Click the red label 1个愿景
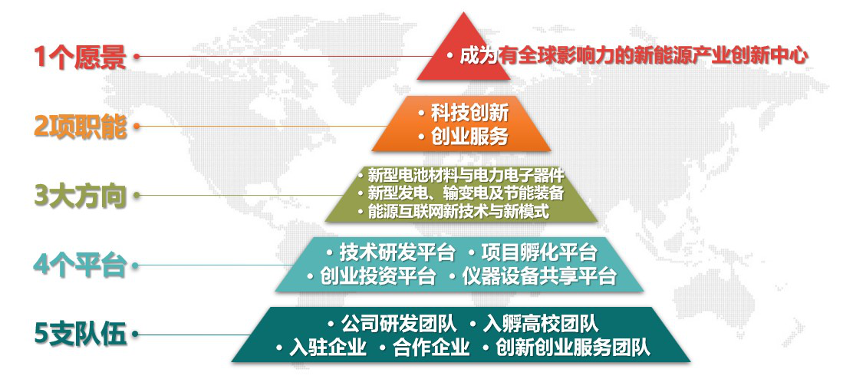click(x=80, y=57)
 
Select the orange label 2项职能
click(x=80, y=127)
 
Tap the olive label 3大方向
click(x=80, y=196)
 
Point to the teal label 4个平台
click(x=80, y=265)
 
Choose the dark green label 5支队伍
click(x=80, y=335)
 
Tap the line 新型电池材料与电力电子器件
click(x=466, y=175)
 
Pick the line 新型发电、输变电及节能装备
click(x=466, y=193)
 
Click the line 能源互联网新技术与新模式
click(x=459, y=212)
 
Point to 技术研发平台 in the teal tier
click(x=397, y=252)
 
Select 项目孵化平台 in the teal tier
click(x=539, y=252)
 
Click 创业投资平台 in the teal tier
click(x=378, y=276)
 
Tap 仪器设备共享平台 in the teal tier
click(x=539, y=276)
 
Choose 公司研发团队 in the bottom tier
click(x=399, y=324)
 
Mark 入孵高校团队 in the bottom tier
click(x=541, y=324)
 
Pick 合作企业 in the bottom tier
click(x=431, y=348)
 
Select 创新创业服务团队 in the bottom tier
click(x=573, y=348)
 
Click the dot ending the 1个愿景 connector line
click(x=136, y=56)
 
